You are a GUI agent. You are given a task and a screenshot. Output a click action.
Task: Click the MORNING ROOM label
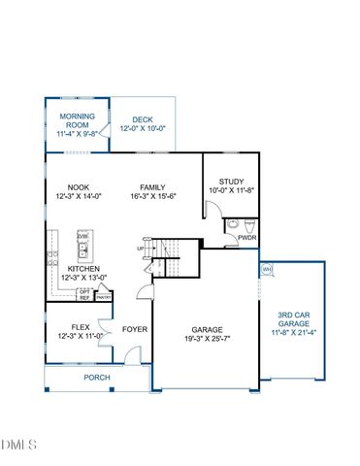[x=77, y=120]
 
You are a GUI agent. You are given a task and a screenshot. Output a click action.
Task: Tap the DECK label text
[x=143, y=118]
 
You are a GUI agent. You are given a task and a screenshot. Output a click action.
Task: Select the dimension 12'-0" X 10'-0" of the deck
[x=143, y=128]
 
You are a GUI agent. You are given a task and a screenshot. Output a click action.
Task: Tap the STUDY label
[x=231, y=181]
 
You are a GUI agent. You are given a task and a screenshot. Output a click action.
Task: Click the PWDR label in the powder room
[x=246, y=236]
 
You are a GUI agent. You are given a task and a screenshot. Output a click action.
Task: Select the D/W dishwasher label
[x=83, y=236]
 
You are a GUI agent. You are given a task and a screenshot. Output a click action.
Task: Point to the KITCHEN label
[x=84, y=268]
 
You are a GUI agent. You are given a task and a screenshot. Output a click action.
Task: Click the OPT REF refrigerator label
[x=84, y=294]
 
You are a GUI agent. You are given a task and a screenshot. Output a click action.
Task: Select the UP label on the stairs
[x=141, y=248]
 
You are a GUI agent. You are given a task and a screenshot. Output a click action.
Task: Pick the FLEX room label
[x=82, y=326]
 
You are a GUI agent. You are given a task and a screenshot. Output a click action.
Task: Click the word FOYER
[x=135, y=329]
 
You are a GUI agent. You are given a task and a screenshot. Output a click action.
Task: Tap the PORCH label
[x=96, y=377]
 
